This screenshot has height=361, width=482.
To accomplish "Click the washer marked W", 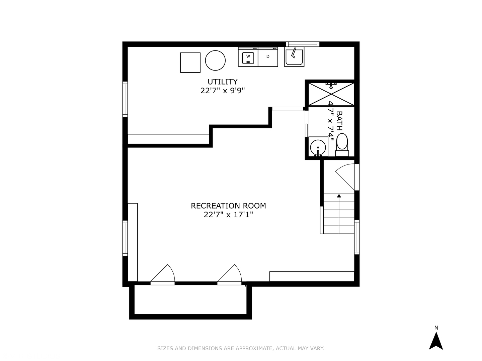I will tap(248, 57).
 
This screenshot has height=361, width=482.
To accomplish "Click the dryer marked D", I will tap(268, 57).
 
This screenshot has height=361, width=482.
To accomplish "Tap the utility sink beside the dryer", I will tap(294, 57).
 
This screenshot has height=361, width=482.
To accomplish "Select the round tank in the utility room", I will tap(215, 61).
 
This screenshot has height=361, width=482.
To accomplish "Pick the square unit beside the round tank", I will tap(190, 63).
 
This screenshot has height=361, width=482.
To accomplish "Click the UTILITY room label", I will tap(223, 82).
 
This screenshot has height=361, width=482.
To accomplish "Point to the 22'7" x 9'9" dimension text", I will tap(223, 91).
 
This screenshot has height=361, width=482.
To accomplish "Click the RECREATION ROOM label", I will tap(228, 206).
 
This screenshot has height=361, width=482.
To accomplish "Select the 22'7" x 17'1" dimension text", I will tap(228, 215).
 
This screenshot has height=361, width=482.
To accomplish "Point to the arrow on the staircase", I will tap(339, 196).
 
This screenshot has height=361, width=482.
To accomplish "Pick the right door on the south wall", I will tap(230, 275).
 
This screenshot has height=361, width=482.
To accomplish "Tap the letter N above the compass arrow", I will tap(436, 328).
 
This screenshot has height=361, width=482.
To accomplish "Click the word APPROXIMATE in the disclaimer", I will tap(254, 349).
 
